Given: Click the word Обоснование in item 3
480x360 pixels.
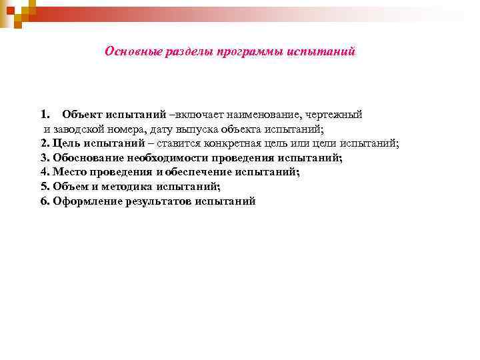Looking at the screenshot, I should click(87, 158).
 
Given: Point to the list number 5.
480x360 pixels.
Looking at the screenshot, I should click(44, 187).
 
